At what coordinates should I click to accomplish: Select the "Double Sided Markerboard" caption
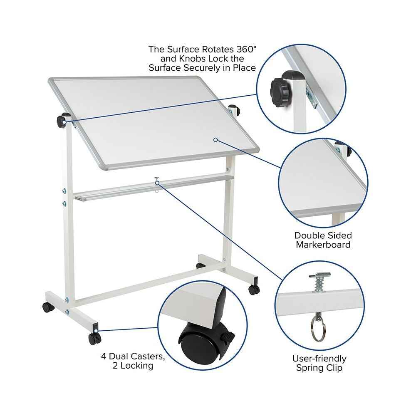(x=323, y=240)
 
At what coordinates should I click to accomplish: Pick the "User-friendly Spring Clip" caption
(x=319, y=363)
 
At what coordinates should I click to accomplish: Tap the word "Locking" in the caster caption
(x=137, y=366)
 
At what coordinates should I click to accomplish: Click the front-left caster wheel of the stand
(x=94, y=339)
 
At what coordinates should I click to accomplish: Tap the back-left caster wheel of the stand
(x=48, y=307)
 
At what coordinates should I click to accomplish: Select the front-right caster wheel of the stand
(x=254, y=290)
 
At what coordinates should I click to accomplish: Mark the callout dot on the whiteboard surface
(x=215, y=139)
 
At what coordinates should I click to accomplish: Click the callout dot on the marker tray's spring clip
(x=157, y=183)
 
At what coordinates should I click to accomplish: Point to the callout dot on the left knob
(x=64, y=122)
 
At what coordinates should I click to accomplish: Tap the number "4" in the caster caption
(x=104, y=357)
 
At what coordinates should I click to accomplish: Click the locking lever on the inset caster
(x=228, y=336)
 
